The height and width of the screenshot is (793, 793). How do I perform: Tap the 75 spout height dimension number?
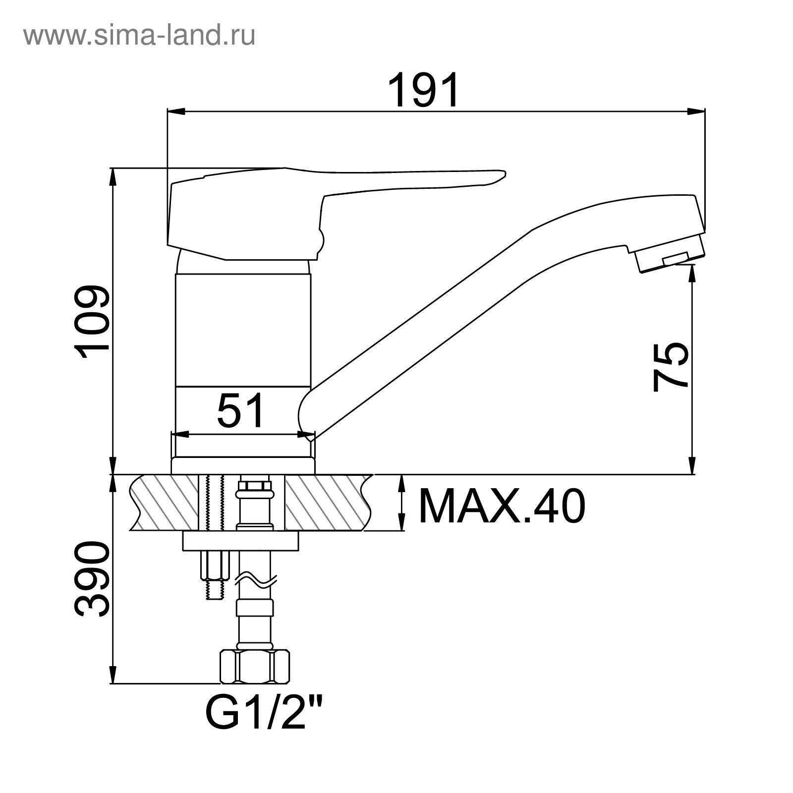[671, 367]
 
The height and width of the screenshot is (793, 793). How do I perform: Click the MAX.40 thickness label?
[502, 506]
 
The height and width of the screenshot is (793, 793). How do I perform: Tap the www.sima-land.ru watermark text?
[139, 35]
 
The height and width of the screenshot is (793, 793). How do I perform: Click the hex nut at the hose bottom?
[254, 667]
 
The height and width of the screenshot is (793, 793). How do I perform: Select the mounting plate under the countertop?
[241, 541]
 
